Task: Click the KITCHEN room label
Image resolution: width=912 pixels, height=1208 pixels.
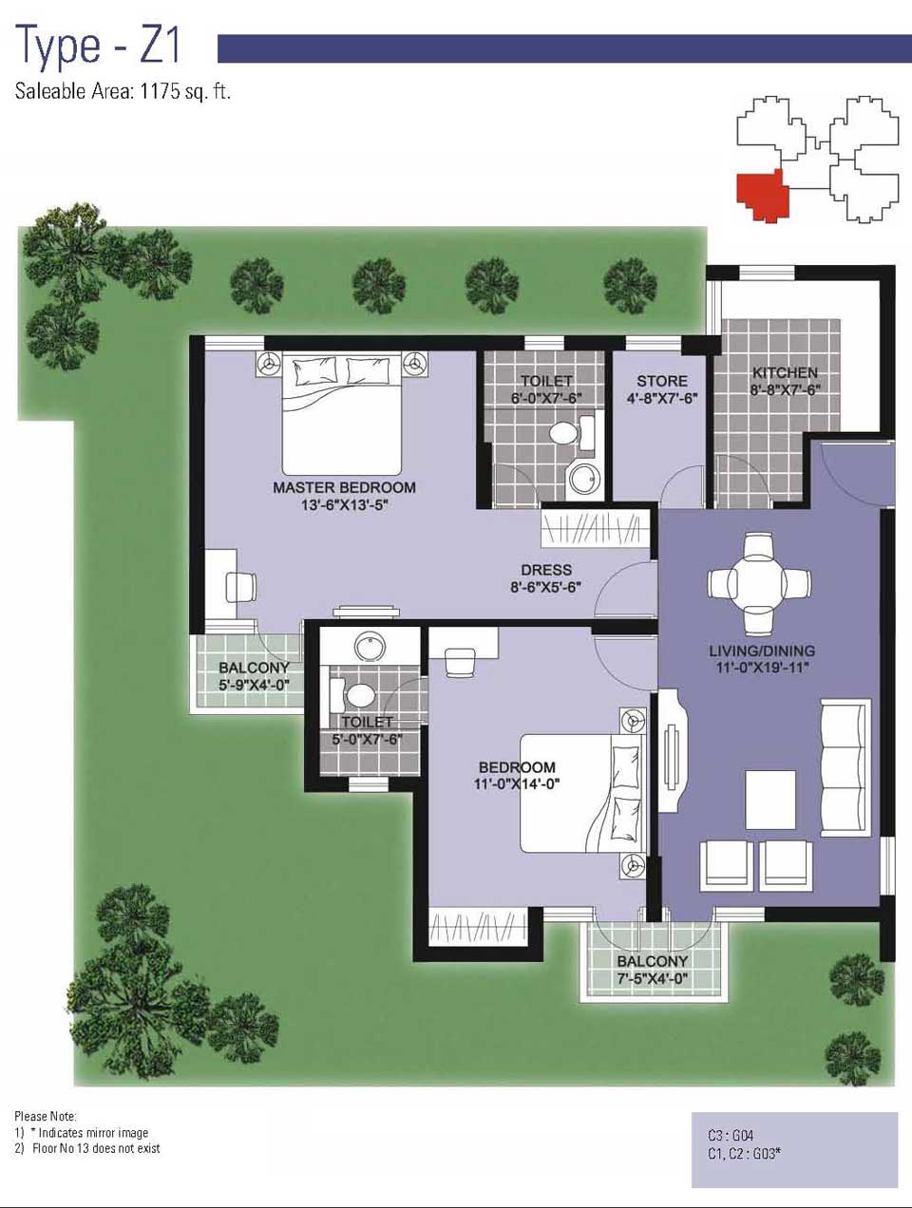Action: (785, 372)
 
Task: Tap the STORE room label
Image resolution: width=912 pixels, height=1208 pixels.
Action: (662, 381)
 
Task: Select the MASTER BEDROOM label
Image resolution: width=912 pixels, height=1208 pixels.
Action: (345, 487)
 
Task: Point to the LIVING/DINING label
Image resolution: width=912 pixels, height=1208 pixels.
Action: (762, 651)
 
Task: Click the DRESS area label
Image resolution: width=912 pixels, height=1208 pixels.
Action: (546, 570)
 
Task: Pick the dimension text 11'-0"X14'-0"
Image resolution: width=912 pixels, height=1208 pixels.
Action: (517, 783)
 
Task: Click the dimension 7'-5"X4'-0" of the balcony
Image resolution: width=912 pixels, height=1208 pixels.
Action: (653, 979)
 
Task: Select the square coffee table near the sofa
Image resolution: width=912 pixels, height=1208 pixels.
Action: (770, 800)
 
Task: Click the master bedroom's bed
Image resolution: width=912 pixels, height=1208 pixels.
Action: (342, 414)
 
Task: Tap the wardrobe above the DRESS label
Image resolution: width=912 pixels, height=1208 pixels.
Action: (599, 529)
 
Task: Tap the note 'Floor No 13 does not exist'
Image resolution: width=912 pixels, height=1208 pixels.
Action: (96, 1148)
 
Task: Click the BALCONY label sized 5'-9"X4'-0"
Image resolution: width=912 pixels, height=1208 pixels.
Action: (254, 669)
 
